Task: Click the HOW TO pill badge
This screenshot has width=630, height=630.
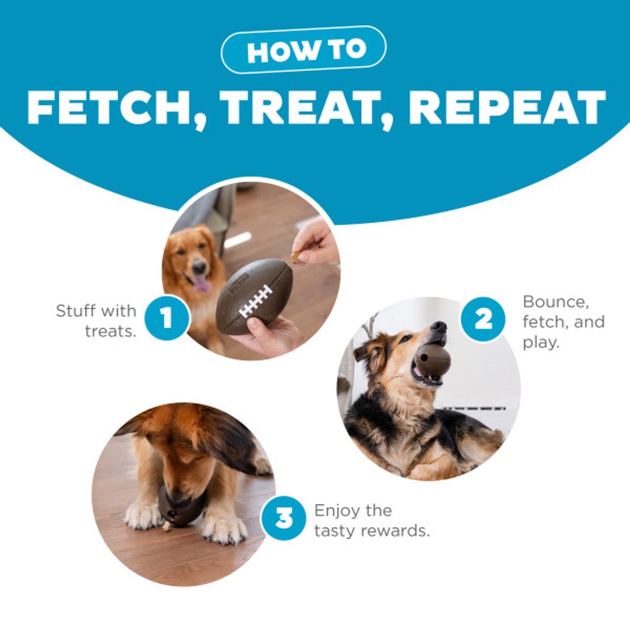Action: coord(303,50)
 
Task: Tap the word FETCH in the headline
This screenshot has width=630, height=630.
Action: coord(109,107)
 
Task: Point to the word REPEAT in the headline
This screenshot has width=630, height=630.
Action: coord(507,107)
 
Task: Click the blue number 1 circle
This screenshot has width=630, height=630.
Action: coord(167,318)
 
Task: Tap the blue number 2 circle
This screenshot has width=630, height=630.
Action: coord(483,319)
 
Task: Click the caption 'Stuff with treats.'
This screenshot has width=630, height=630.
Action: coord(96,321)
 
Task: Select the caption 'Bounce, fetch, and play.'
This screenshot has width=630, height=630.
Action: coord(564,322)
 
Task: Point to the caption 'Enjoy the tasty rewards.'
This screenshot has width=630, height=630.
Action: coord(372,520)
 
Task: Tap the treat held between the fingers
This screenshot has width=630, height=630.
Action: coord(296,255)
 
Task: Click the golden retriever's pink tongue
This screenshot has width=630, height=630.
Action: coord(202,283)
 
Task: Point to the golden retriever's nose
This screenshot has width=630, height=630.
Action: coord(198,267)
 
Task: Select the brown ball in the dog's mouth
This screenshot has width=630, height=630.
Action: coord(433,361)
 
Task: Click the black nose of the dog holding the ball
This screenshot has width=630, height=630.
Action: coord(439,327)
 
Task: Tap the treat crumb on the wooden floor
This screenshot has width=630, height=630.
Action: coord(167,526)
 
